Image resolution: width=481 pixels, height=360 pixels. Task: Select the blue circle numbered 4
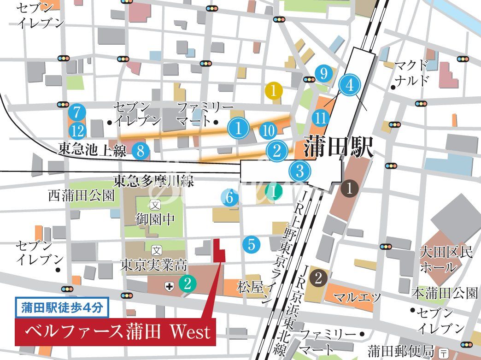click(349, 85)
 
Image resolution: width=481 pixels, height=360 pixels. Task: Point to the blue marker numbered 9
click(324, 73)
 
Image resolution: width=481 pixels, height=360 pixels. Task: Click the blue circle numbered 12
click(78, 131)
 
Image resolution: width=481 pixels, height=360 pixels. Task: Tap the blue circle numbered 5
click(251, 244)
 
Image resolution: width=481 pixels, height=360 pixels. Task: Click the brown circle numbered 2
click(318, 277)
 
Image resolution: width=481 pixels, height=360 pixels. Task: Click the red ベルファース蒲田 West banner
click(116, 331)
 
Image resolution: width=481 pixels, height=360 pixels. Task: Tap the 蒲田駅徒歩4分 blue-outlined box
click(62, 307)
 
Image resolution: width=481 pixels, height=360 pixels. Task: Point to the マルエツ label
click(351, 297)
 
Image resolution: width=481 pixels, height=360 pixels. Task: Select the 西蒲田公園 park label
click(81, 196)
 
